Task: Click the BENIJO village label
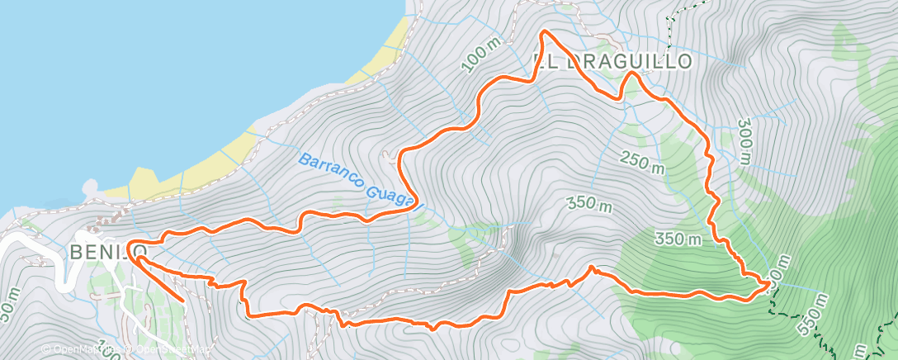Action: pos(109,251)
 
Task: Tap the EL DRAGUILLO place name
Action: pos(611,62)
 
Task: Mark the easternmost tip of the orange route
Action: pos(769,283)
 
